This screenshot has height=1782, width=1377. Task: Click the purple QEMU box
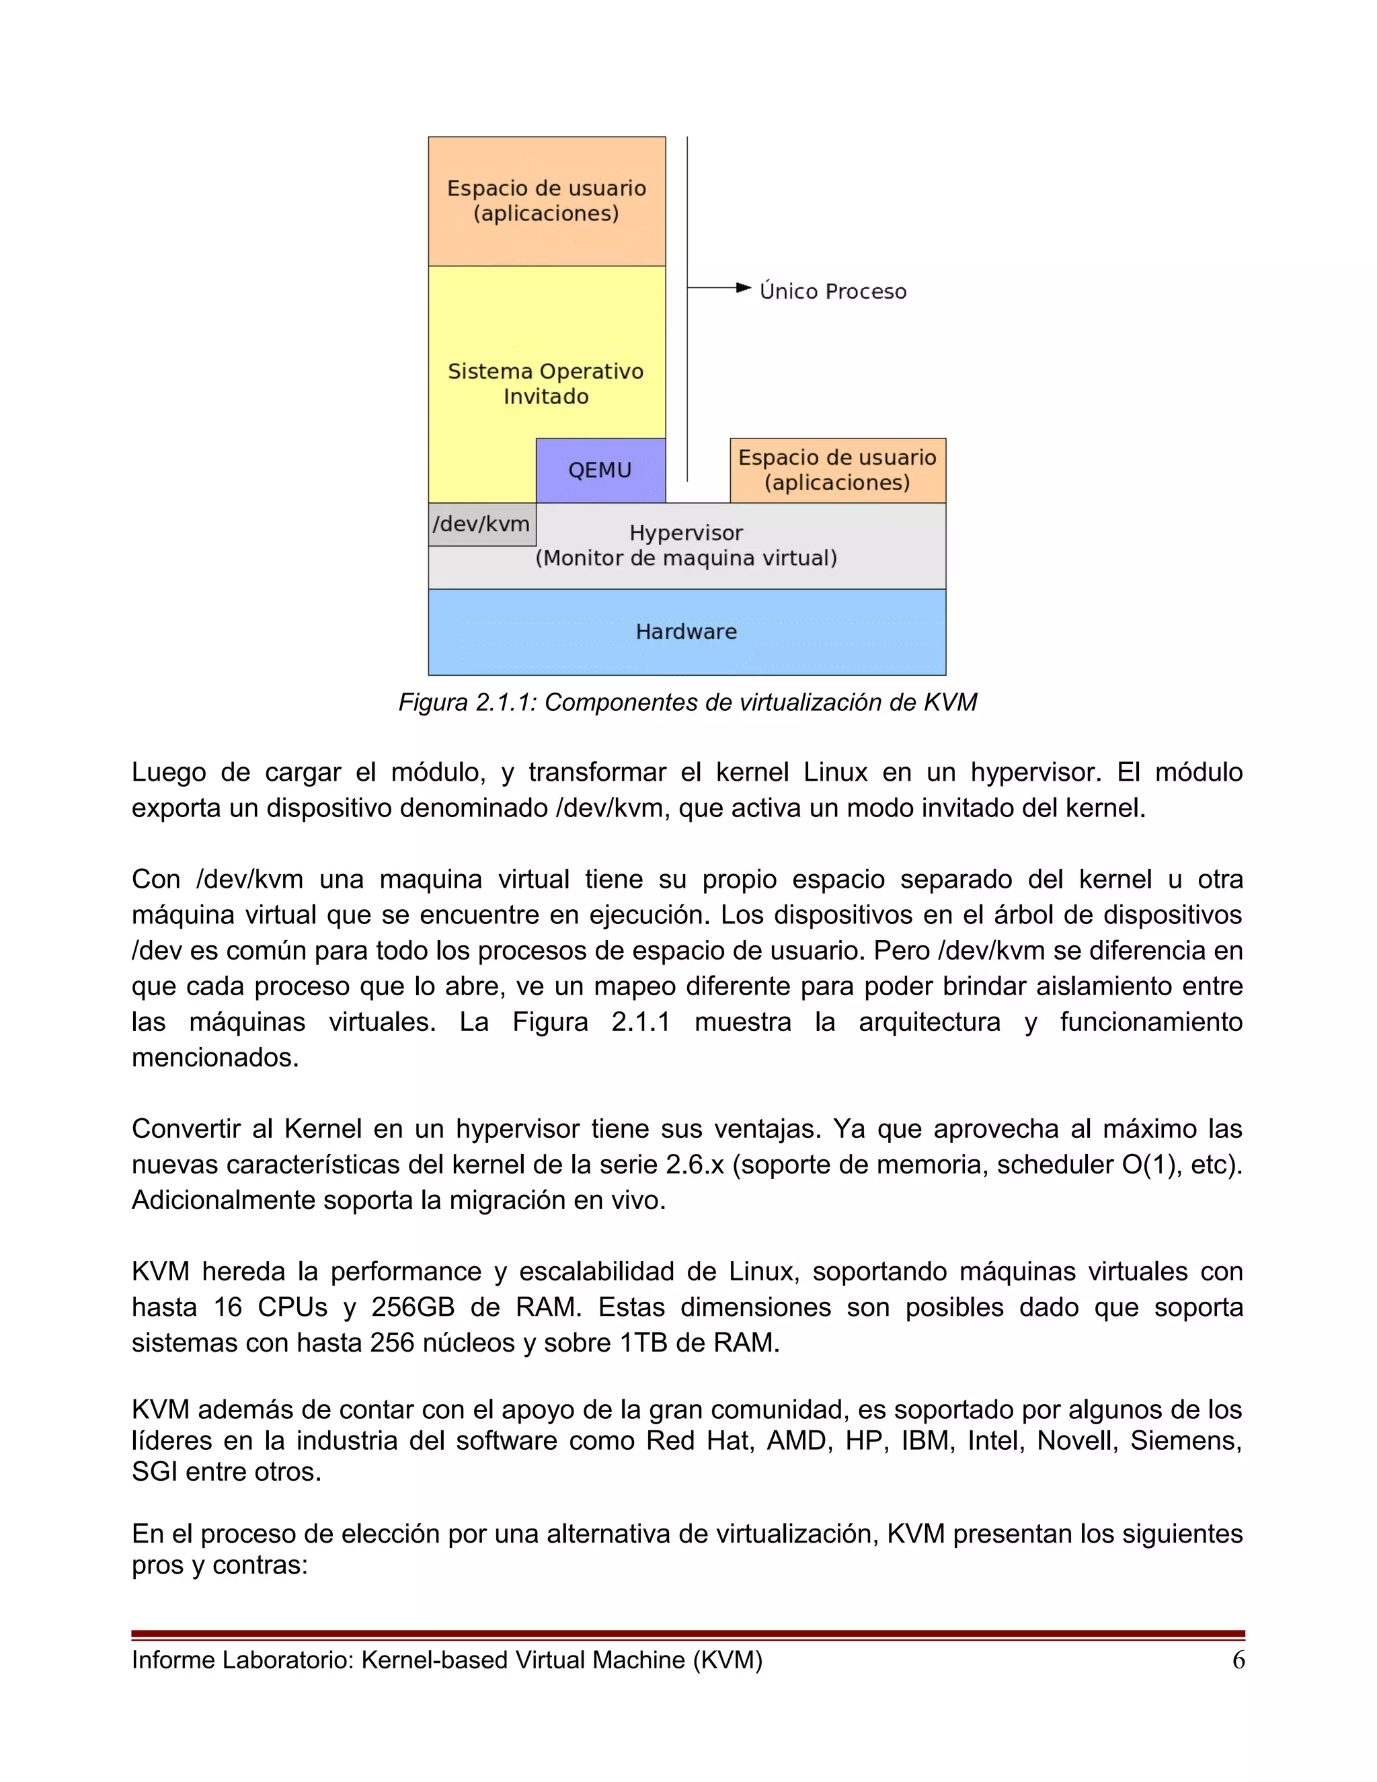click(x=600, y=470)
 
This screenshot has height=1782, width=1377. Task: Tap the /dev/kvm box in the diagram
click(x=481, y=524)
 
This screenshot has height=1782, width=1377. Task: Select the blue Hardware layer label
click(x=686, y=631)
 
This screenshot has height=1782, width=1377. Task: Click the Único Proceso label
click(x=832, y=291)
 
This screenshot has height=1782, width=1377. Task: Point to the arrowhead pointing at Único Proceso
click(x=743, y=287)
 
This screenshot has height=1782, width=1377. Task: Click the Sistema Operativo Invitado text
click(x=546, y=383)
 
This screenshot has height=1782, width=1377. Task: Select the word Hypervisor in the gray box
click(x=686, y=533)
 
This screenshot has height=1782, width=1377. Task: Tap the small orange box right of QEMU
click(x=837, y=470)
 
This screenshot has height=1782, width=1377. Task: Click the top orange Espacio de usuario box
click(x=546, y=200)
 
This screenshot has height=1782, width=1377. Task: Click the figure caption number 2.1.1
click(x=505, y=703)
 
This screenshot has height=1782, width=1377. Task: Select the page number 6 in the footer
click(x=1238, y=1660)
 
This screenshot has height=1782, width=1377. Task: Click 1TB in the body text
click(x=643, y=1342)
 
